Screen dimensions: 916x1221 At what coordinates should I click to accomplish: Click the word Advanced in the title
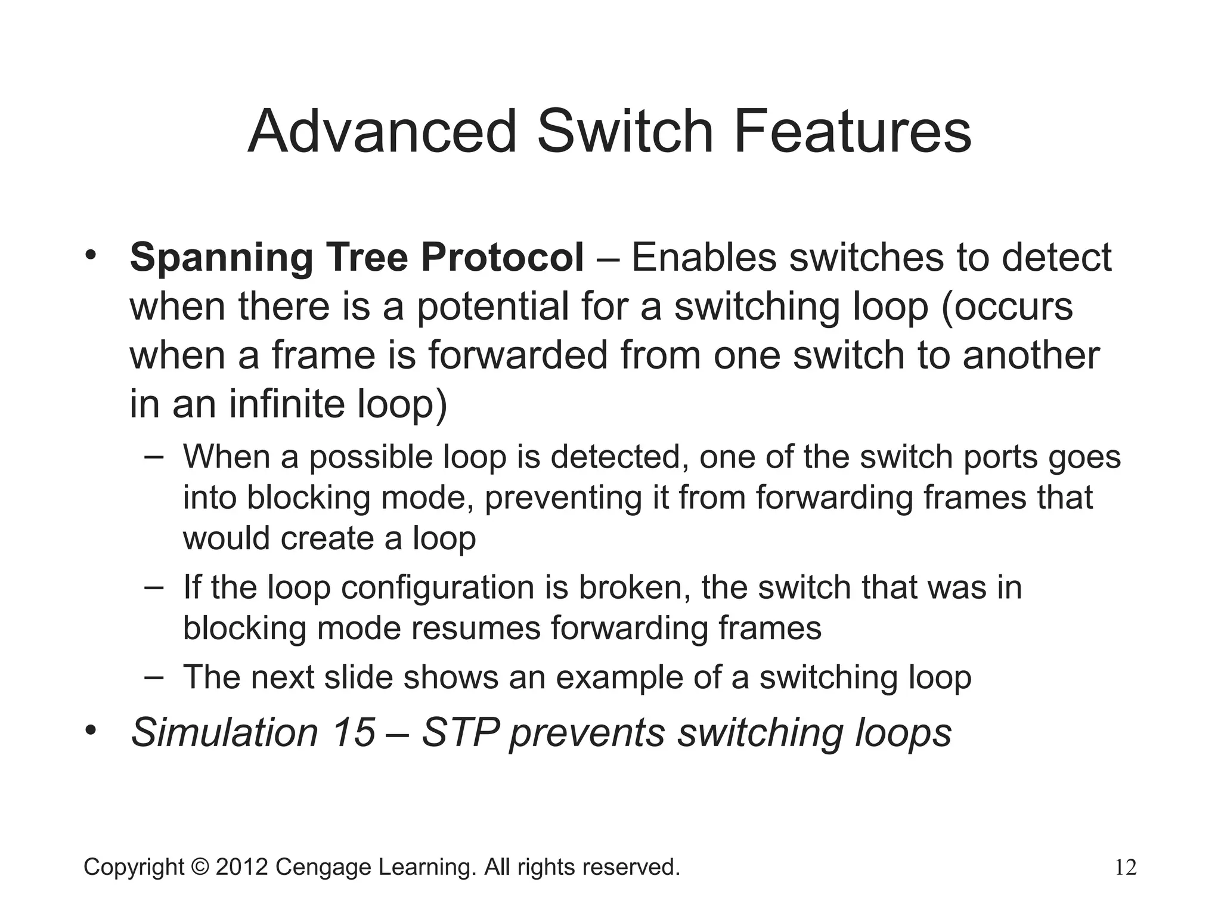pyautogui.click(x=382, y=132)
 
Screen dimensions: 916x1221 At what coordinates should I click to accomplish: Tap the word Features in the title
pyautogui.click(x=853, y=132)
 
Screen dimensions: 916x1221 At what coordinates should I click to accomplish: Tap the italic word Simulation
pyautogui.click(x=224, y=732)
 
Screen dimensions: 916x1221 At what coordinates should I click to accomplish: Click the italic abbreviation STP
pyautogui.click(x=460, y=732)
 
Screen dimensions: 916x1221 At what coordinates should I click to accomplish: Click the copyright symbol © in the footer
pyautogui.click(x=200, y=867)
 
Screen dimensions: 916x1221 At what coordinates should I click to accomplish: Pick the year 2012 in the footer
pyautogui.click(x=241, y=867)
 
